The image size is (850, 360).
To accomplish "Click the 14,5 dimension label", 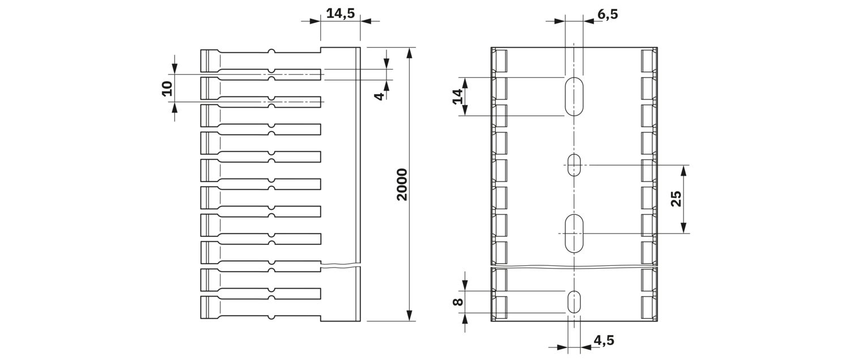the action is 341,14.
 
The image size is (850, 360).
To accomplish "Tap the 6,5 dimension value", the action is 607,14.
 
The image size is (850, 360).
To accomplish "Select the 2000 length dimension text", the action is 402,185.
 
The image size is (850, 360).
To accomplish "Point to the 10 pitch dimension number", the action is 167,88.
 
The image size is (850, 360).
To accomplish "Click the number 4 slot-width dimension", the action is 380,96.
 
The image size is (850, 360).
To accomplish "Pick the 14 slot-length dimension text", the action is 458,96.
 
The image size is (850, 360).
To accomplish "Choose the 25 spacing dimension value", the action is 676,198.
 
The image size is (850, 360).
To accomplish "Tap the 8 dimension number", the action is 458,302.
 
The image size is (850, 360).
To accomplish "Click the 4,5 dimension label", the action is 603,340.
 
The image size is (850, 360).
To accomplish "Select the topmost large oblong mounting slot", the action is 574,96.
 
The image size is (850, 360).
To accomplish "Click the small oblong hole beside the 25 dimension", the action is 574,165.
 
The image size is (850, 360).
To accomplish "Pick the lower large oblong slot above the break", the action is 574,233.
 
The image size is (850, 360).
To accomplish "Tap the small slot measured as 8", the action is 574,302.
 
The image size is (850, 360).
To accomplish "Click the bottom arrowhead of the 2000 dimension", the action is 409,315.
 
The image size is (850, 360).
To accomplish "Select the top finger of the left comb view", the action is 261,61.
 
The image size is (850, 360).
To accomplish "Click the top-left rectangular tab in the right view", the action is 500,61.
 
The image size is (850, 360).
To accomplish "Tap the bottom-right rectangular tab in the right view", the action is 649,307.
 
